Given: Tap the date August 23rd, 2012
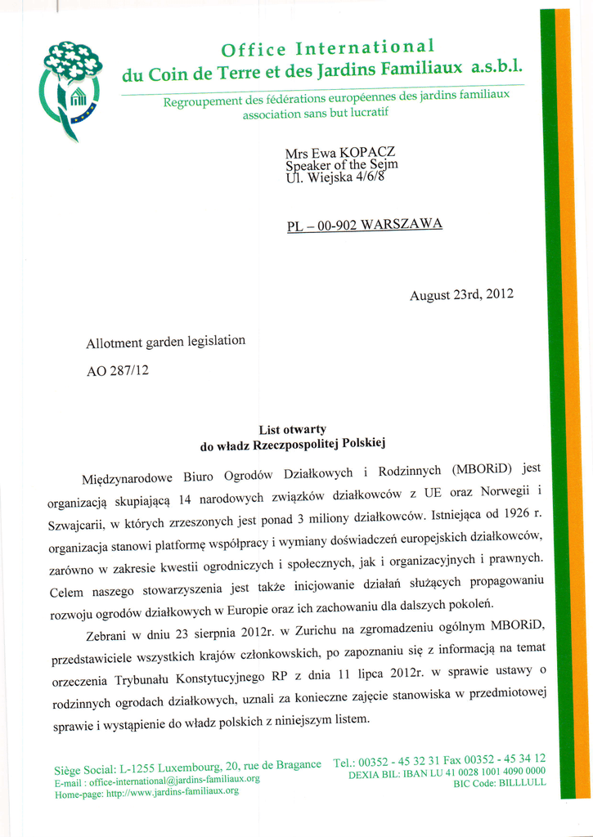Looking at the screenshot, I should (461, 294).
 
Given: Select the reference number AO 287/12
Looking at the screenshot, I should (118, 370).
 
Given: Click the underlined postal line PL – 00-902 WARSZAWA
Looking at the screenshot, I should (364, 225).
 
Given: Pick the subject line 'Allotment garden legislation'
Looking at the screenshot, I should (166, 342).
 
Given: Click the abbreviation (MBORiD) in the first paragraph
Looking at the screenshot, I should (481, 469).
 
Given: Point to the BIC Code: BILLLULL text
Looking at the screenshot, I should (500, 783).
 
